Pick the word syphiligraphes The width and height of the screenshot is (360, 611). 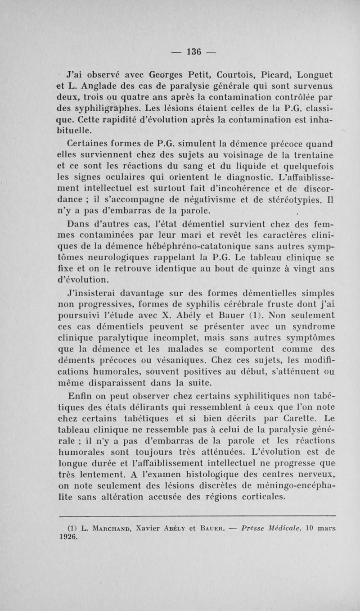click(x=93, y=108)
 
